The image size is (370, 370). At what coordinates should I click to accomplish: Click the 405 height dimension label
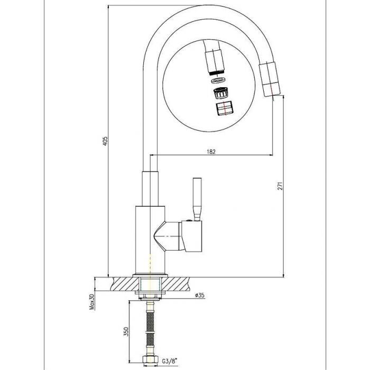(105, 141)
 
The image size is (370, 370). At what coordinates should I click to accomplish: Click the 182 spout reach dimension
(211, 152)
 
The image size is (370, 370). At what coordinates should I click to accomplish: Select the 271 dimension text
(280, 186)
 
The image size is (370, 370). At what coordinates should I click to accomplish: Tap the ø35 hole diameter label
(200, 295)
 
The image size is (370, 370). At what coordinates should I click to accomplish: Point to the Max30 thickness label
(92, 302)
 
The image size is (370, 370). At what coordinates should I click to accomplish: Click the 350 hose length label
(126, 331)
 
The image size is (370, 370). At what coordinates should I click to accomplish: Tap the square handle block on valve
(191, 236)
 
